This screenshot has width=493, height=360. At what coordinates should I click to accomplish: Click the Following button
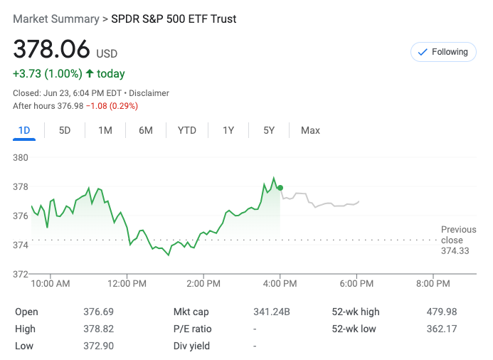point(443,52)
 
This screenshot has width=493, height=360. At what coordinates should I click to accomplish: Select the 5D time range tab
point(65,130)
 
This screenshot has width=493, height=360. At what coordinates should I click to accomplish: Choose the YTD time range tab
point(187,130)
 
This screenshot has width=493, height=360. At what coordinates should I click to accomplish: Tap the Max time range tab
point(310,130)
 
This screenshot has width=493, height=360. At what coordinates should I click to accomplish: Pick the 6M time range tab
point(146,130)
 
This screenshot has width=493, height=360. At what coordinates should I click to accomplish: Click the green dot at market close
point(280,188)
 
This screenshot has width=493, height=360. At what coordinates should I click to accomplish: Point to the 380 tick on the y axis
point(20,157)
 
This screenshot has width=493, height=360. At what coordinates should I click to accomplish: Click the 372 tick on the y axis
point(20,274)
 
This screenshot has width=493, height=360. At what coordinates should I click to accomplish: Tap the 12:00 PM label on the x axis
point(127,284)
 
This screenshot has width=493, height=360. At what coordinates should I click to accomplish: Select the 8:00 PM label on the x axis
point(433,284)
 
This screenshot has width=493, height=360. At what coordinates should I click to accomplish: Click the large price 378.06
point(52,49)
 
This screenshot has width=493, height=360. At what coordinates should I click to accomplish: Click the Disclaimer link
point(149,93)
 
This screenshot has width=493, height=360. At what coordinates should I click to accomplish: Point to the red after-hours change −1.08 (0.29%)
point(112,106)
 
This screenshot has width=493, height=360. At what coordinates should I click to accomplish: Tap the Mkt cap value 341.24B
point(272,312)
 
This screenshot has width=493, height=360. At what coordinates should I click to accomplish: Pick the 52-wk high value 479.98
point(442,312)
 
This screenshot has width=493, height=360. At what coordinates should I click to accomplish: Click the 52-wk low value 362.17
point(442,329)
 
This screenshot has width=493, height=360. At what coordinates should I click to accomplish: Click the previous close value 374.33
point(455,251)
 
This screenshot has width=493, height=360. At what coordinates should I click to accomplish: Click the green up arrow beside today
point(90,73)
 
